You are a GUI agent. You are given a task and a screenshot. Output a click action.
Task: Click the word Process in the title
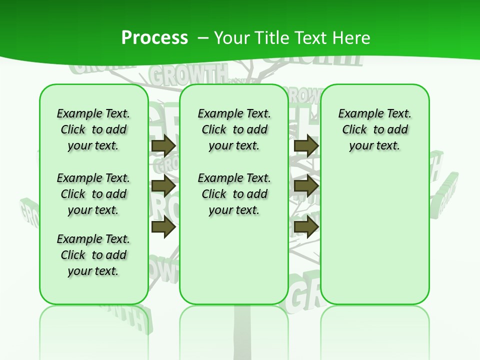click(x=154, y=38)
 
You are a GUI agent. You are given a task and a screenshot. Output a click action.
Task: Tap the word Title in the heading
click(x=269, y=38)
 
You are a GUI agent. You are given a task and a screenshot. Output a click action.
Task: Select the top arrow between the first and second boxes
click(x=163, y=146)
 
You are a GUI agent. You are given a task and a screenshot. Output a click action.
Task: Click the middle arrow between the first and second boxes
click(x=163, y=186)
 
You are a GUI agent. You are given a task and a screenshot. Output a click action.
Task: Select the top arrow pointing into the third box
click(x=306, y=146)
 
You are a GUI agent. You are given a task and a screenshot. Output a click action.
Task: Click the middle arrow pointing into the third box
click(x=306, y=186)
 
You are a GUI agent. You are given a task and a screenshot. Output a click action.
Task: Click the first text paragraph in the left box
click(x=93, y=129)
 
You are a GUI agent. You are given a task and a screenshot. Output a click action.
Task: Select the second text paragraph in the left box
click(x=93, y=194)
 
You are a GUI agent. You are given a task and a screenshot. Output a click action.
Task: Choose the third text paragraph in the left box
click(x=93, y=255)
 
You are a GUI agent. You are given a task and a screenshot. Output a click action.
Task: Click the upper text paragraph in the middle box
click(x=234, y=129)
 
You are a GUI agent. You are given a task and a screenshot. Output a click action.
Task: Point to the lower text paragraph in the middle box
click(x=234, y=194)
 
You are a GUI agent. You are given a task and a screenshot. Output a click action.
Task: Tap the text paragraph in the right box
click(x=374, y=129)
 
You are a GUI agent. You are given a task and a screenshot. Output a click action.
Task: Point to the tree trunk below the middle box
click(x=242, y=330)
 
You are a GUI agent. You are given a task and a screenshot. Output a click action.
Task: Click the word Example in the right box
click(x=356, y=113)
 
